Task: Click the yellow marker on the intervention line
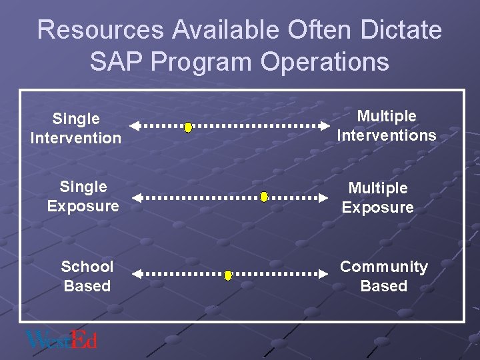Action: click(x=188, y=126)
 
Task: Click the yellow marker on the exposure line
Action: click(x=264, y=197)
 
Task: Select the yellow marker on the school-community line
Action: click(x=228, y=275)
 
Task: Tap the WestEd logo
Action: click(x=61, y=340)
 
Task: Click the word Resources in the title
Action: click(x=100, y=30)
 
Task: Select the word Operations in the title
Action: click(x=325, y=61)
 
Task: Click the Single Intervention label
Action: click(x=76, y=129)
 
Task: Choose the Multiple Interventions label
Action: click(x=387, y=126)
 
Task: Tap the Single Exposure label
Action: click(x=83, y=196)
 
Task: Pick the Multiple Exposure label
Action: click(x=378, y=198)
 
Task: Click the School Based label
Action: click(x=87, y=276)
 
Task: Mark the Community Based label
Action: click(x=384, y=276)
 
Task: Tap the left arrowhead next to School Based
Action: click(x=137, y=274)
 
